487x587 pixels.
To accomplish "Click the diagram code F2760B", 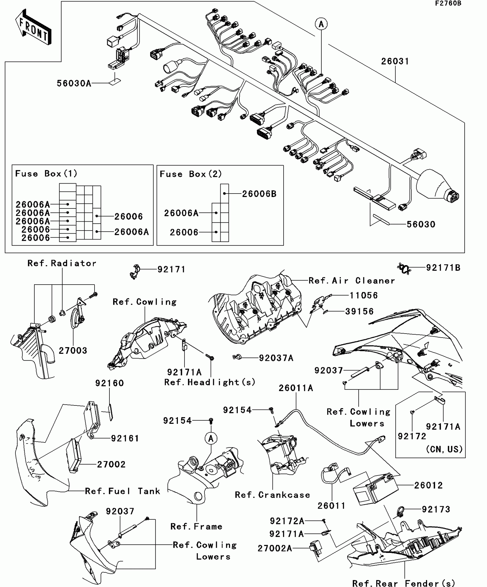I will [x=448, y=3].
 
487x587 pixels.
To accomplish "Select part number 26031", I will [x=395, y=61].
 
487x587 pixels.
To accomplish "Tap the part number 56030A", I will [x=74, y=83].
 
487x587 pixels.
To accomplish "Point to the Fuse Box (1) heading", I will [x=46, y=174].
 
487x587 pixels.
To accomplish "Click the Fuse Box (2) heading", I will [x=191, y=174].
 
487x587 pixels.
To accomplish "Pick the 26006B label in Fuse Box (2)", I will [x=259, y=194].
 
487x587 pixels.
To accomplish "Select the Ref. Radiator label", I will [x=62, y=263].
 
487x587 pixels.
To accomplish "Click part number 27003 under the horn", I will [x=73, y=350].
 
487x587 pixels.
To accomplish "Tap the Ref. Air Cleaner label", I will [x=352, y=281].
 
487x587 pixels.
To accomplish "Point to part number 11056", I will [x=364, y=295].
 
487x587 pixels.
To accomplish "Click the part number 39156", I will [x=359, y=311].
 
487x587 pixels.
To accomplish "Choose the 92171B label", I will [x=443, y=268].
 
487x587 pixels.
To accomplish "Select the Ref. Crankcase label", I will [x=272, y=495].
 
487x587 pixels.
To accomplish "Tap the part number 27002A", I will [x=275, y=548].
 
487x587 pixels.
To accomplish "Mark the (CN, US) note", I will [x=444, y=449].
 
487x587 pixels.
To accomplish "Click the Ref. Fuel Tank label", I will [x=123, y=491].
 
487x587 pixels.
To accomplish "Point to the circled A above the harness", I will [x=321, y=24].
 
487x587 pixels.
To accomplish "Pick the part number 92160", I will [x=109, y=383].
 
